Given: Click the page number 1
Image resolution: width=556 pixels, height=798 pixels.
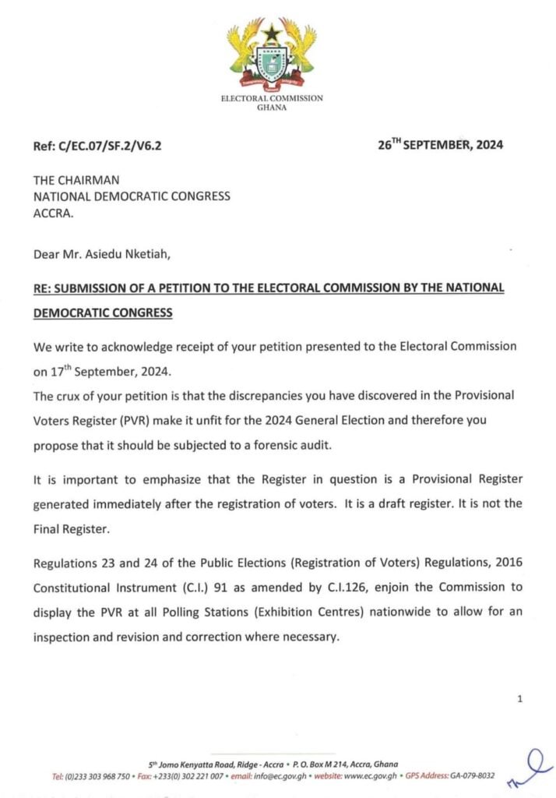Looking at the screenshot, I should coord(519,699).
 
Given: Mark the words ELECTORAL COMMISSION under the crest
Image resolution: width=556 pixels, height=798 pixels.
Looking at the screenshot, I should coord(272,99).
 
